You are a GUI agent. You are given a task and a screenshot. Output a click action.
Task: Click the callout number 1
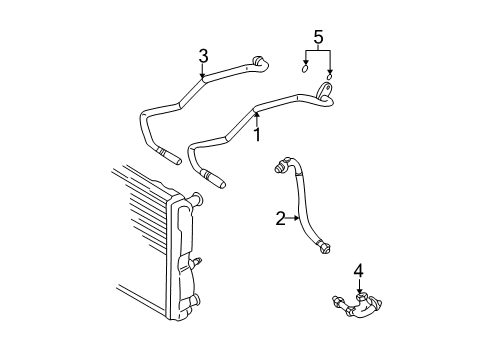(257, 135)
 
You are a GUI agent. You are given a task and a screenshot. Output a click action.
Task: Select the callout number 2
(280, 219)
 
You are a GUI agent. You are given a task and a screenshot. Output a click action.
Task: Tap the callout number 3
(203, 56)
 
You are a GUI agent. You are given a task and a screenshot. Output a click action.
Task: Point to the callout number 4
(359, 271)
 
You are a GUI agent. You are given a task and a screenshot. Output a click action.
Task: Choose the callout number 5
(318, 37)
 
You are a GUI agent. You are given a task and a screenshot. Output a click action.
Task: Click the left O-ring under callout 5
(305, 69)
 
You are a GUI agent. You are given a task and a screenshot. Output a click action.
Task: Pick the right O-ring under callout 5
(329, 77)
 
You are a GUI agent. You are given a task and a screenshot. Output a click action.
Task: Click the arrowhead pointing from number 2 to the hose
(297, 218)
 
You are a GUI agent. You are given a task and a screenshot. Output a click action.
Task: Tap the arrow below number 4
(359, 286)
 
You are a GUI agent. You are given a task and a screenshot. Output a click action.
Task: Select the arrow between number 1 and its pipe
(257, 119)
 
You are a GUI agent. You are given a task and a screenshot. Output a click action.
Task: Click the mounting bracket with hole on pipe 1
(325, 90)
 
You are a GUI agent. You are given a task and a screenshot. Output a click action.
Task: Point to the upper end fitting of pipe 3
(260, 63)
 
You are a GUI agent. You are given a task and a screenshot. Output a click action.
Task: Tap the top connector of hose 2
(282, 165)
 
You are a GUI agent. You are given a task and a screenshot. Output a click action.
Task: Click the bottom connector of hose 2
(324, 247)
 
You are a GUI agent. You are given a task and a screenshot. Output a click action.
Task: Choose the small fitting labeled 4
(357, 305)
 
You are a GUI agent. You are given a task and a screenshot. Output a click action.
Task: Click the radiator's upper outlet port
(196, 198)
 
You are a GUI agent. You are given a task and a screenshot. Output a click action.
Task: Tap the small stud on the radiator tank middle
(196, 262)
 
